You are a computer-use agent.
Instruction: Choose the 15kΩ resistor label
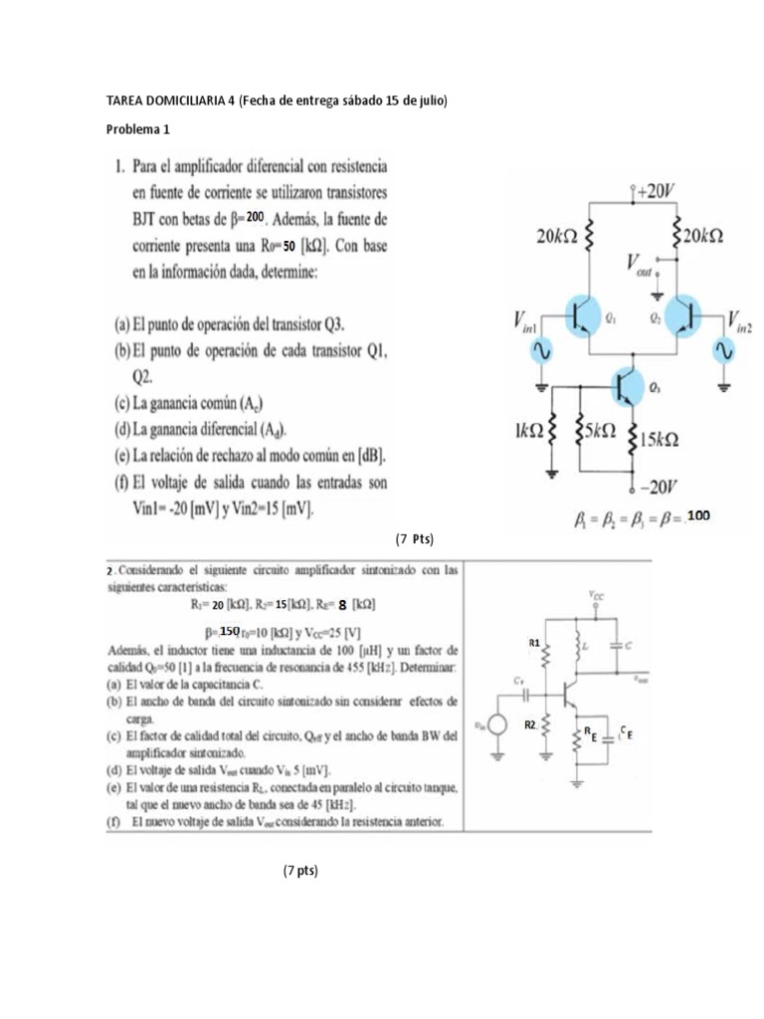[660, 439]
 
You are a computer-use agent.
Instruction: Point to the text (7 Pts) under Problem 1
[415, 538]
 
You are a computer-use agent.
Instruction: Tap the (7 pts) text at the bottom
[300, 871]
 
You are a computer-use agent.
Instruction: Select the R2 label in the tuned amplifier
[532, 725]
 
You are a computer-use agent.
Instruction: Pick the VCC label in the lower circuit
[595, 595]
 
